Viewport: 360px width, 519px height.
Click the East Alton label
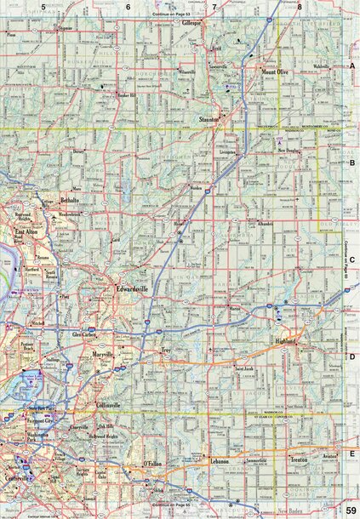pos(27,230)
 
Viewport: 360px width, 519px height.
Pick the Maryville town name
pos(103,353)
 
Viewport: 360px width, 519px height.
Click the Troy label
pos(168,351)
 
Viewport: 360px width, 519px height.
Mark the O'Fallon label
pos(154,464)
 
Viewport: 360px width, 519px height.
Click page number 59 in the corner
pos(350,509)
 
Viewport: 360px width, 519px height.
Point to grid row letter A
pos(352,66)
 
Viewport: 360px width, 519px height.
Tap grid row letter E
pos(352,455)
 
